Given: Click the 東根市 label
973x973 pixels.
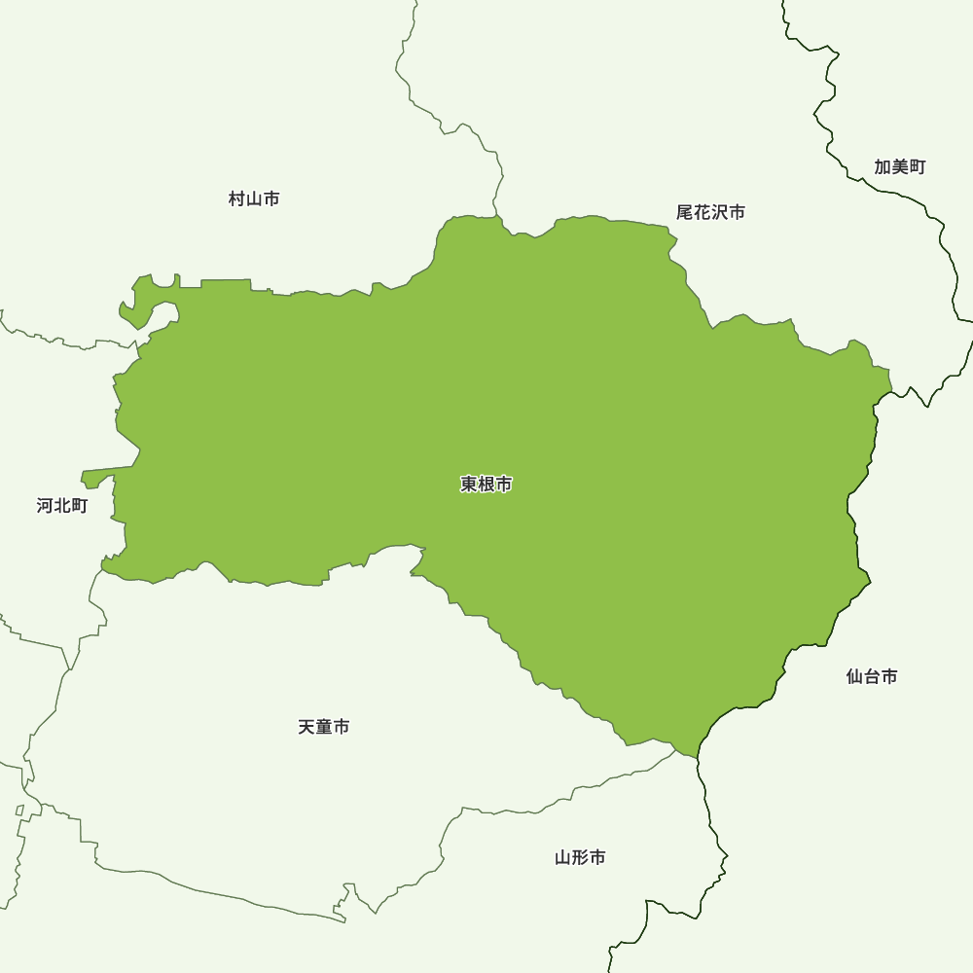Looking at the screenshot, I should tap(486, 484).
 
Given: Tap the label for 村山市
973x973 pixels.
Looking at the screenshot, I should tap(254, 198).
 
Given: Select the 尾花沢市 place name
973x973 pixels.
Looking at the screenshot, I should tap(710, 211).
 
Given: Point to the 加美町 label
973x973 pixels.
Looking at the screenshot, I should tap(899, 166).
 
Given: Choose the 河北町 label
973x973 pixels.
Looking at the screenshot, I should tap(62, 505).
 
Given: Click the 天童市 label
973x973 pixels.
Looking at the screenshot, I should tap(324, 727).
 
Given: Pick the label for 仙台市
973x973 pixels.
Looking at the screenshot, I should tap(872, 676).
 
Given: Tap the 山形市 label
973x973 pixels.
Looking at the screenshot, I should tap(580, 857).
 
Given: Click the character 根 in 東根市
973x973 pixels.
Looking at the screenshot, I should tap(486, 484).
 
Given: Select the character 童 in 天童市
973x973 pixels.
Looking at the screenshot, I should tap(324, 727).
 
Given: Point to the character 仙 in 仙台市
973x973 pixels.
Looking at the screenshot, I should tap(855, 676).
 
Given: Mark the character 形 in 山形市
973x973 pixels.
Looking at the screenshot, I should tap(580, 857).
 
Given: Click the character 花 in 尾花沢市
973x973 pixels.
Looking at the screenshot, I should tap(703, 211).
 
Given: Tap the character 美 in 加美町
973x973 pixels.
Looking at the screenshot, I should tap(899, 166).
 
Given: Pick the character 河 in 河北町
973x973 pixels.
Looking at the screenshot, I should tap(46, 505).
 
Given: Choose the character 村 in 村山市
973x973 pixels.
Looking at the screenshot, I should tap(237, 198).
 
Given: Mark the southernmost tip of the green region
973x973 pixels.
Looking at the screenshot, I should tap(696, 755).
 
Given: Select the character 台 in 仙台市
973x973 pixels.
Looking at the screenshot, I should tap(872, 676).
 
